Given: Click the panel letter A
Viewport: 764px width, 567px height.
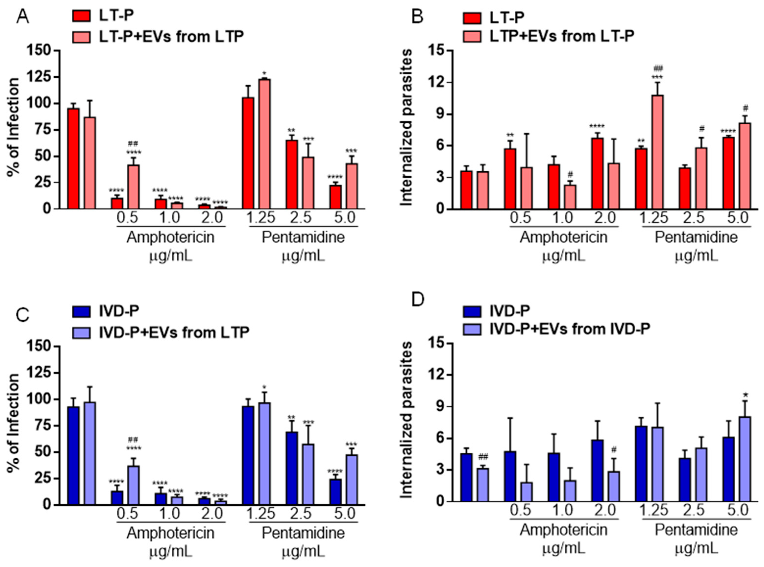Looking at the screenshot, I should tap(23, 16).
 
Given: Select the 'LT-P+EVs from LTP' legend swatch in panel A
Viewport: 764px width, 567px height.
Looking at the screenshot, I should tap(81, 37).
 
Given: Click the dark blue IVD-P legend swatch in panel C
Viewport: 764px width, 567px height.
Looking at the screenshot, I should tap(81, 311).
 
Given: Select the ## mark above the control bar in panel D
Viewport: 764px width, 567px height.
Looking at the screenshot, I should tap(483, 457).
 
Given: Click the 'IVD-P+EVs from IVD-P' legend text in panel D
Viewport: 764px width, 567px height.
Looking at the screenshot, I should tap(569, 329).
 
